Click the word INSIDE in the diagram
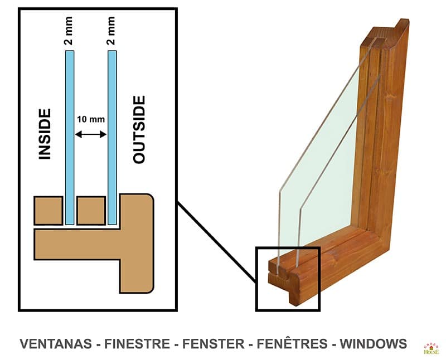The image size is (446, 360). pos(45,134)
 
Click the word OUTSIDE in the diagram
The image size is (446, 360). pos(139,129)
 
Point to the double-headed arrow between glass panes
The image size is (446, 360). pos(91,134)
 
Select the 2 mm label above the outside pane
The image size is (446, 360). pos(111,31)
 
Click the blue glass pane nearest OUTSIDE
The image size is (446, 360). pos(112,139)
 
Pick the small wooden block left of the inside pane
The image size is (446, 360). pos(48,210)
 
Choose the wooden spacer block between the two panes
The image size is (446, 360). pos(91,210)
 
